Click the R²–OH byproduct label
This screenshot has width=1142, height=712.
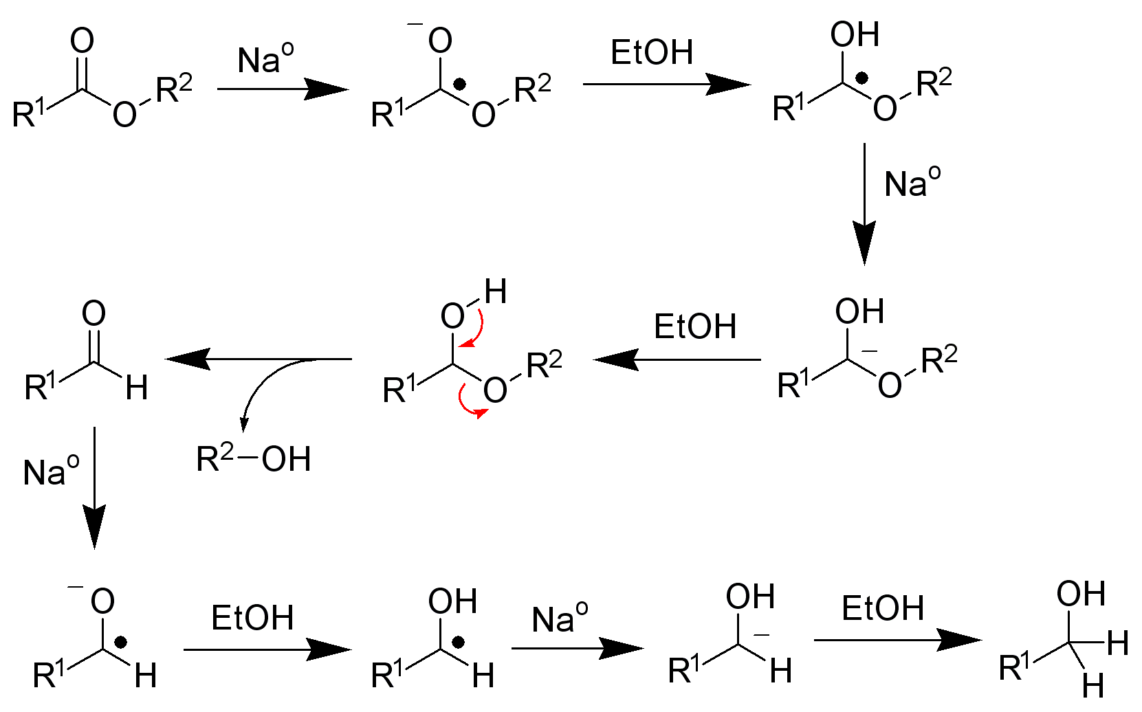pos(254,458)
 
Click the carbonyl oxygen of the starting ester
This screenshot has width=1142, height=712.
pos(82,41)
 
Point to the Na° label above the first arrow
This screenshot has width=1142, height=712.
pos(265,59)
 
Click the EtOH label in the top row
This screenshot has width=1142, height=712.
pos(652,53)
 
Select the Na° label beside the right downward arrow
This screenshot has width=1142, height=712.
pos(912,183)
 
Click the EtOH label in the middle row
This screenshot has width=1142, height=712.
pos(694,326)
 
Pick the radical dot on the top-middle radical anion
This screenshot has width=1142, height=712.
pos(460,85)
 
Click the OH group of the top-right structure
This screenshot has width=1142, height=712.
pos(855,34)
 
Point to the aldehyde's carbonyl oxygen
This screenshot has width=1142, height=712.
pos(94,314)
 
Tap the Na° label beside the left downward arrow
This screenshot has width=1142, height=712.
pos(51,471)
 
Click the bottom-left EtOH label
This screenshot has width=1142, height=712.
pos(252,617)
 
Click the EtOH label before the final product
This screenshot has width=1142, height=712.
pos(883,608)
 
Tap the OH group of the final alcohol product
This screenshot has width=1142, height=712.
pos(1081,594)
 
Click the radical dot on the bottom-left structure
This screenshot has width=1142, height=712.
pos(121,643)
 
